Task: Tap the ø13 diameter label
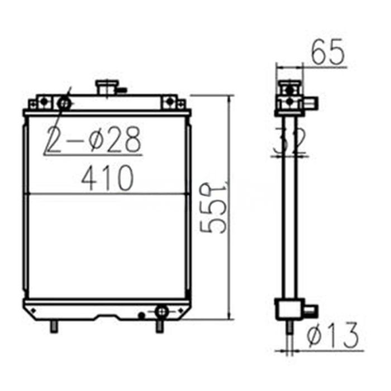333,336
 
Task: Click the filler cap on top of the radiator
106,87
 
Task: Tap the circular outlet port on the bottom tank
161,311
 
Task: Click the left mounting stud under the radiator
54,326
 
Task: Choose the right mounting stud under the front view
160,326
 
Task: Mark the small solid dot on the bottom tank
141,316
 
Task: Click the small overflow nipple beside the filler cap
122,89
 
